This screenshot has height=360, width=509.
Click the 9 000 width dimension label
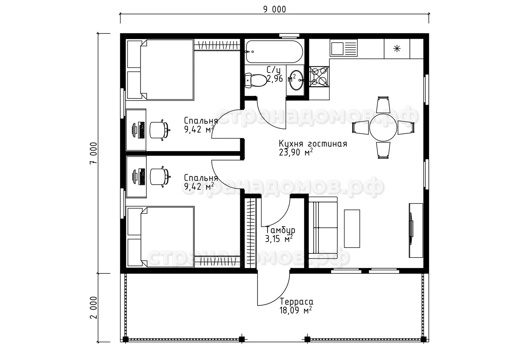click(275, 10)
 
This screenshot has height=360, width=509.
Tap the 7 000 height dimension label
click(94, 153)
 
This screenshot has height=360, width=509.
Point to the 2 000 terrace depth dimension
click(94, 308)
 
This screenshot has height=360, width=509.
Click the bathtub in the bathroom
click(274, 52)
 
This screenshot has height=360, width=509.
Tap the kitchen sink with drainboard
click(344, 48)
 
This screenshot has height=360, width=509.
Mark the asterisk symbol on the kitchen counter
click(397, 49)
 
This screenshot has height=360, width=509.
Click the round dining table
click(383, 128)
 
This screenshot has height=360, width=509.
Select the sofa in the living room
click(323, 228)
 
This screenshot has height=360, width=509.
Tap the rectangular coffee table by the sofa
click(352, 229)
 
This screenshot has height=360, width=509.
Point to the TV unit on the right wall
click(416, 230)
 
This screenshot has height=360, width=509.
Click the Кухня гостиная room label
click(313, 144)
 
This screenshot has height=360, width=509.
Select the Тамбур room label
click(280, 230)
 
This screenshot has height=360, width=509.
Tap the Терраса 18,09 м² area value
click(296, 310)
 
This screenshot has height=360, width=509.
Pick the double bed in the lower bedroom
click(161, 236)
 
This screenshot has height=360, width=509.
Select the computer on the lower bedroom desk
click(139, 177)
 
